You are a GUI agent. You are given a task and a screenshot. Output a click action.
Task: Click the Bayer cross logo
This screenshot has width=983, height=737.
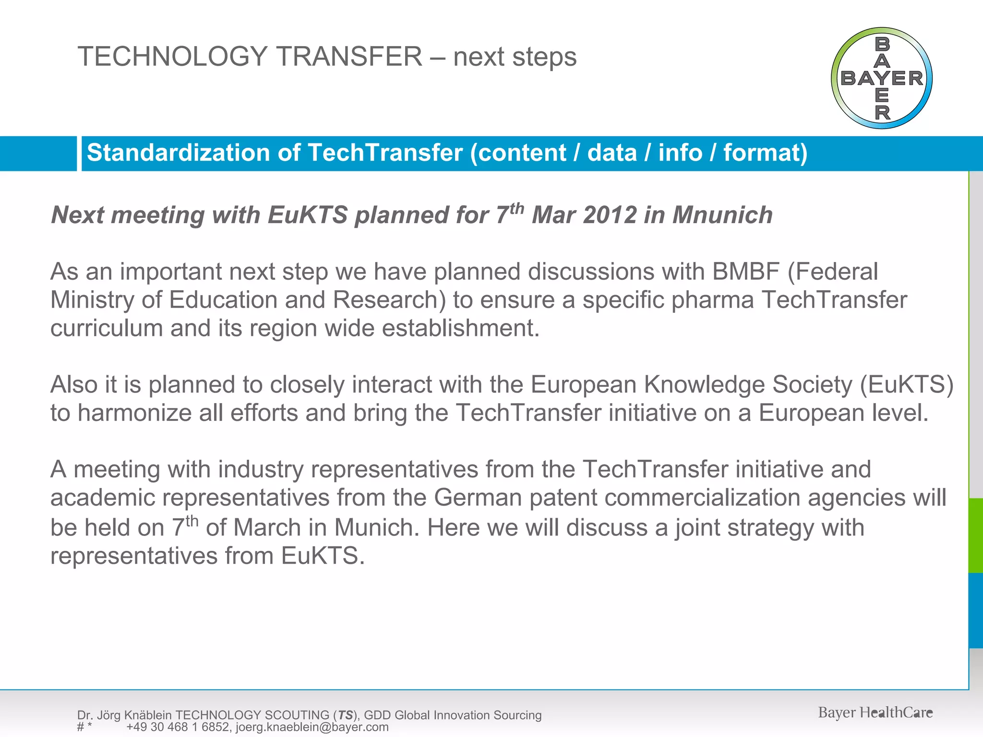[x=881, y=78]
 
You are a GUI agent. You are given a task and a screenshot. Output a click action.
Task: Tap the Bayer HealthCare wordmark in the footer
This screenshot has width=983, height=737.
[x=875, y=713]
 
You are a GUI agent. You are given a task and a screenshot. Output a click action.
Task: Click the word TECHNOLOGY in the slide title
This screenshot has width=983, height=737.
[x=172, y=56]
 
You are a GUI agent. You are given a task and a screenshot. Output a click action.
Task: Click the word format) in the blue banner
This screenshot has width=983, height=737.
[x=765, y=153]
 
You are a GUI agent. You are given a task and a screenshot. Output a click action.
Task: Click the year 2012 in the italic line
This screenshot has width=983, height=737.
[x=610, y=215]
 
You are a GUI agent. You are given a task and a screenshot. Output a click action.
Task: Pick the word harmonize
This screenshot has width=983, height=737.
[x=135, y=413]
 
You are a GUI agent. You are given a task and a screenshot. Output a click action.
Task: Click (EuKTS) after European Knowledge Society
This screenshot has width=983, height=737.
[x=906, y=384]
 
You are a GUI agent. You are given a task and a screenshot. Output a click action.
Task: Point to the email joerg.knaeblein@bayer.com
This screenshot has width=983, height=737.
[x=312, y=727]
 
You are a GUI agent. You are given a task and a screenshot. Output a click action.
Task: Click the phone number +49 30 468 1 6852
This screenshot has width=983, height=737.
[x=178, y=727]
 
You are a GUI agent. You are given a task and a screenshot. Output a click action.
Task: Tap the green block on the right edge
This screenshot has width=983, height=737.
[x=976, y=535]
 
